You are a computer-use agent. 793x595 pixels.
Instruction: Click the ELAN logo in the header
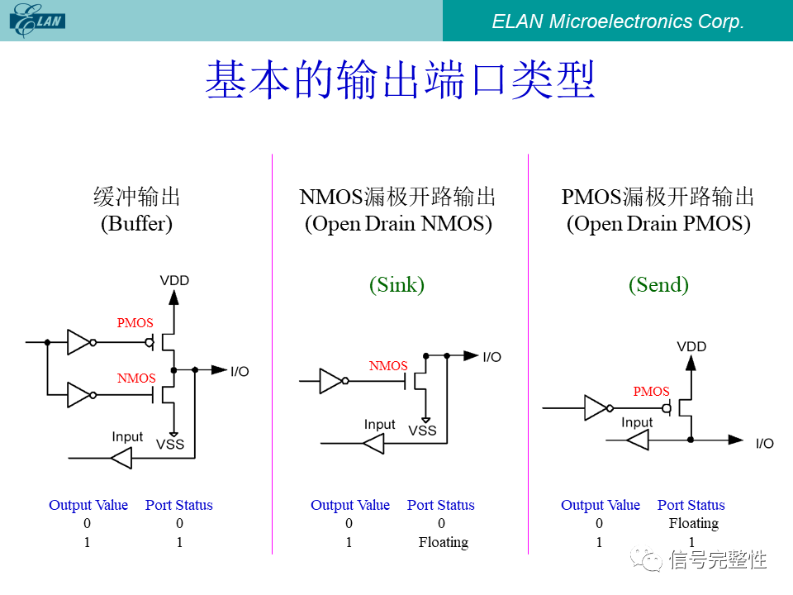click(x=37, y=21)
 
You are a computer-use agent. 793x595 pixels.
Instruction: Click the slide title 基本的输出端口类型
click(x=400, y=80)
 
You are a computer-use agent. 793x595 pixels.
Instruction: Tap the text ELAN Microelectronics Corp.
click(x=618, y=21)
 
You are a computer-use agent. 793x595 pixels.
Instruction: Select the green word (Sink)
click(x=396, y=285)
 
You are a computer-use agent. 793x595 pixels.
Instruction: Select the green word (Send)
click(x=658, y=285)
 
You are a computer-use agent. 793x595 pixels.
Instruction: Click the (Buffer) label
click(x=136, y=224)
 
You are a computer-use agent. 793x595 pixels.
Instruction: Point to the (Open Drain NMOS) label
click(x=398, y=224)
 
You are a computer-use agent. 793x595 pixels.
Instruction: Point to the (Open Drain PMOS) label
click(x=658, y=224)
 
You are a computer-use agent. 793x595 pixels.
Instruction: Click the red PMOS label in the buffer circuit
click(x=135, y=323)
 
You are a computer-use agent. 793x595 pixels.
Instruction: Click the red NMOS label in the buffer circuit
click(x=136, y=378)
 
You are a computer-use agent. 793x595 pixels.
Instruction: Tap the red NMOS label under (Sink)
click(x=388, y=366)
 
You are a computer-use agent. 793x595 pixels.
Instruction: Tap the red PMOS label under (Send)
click(x=651, y=392)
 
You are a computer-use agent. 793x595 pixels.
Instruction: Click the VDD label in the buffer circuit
click(x=174, y=281)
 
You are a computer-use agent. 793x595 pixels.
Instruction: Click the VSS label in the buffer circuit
click(x=170, y=445)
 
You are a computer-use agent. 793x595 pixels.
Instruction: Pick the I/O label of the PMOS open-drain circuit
click(x=765, y=444)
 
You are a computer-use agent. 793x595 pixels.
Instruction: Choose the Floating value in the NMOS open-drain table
click(x=443, y=543)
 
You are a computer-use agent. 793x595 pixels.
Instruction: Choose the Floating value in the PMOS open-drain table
click(x=693, y=524)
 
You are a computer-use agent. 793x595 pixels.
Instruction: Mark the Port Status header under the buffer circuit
click(x=179, y=506)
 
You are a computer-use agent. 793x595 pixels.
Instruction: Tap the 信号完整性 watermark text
click(x=718, y=560)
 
